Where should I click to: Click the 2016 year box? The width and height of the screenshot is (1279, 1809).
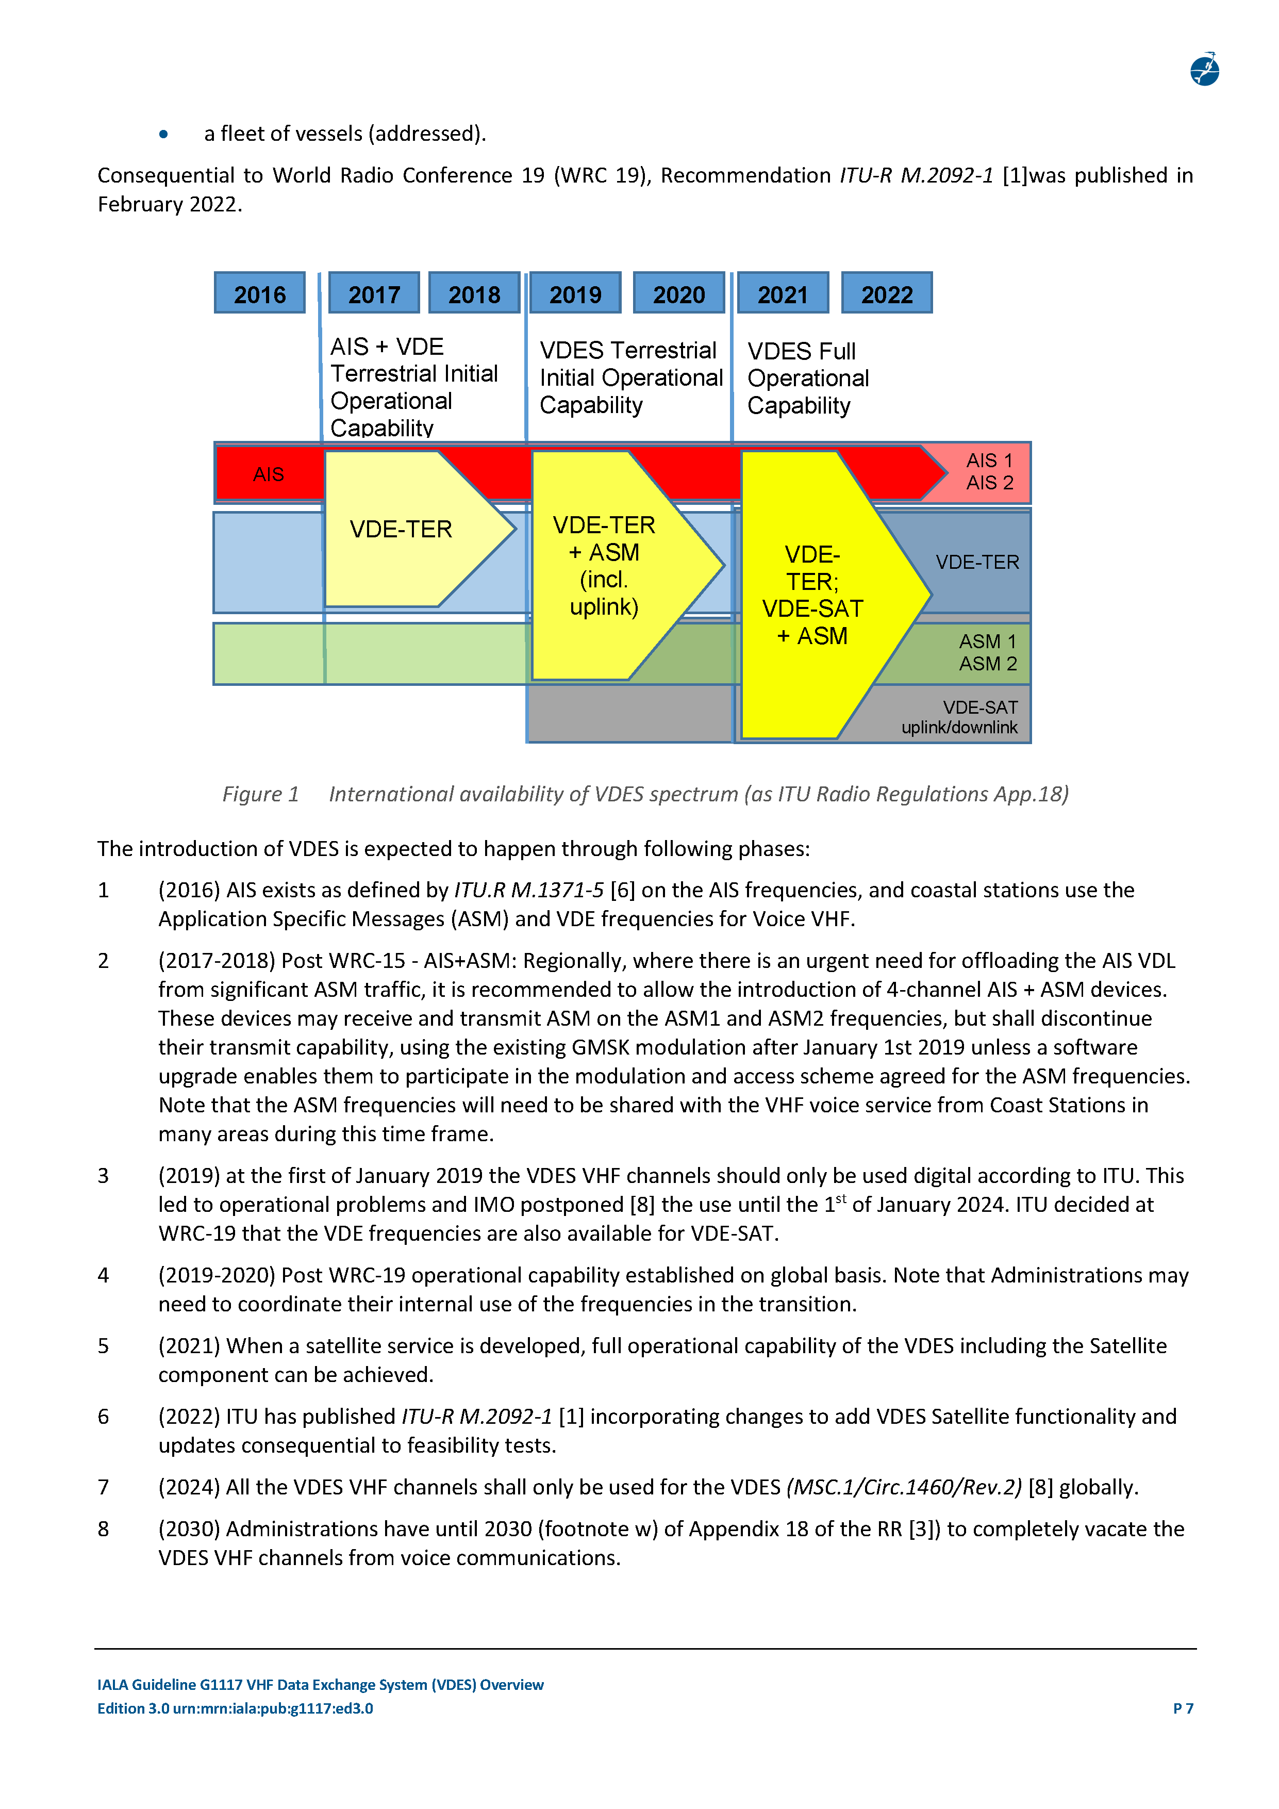tap(259, 293)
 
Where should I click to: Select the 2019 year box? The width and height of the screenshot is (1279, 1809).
tap(575, 293)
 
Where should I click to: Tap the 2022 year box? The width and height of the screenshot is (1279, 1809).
tap(886, 293)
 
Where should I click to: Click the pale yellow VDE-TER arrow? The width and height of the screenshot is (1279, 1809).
tap(402, 530)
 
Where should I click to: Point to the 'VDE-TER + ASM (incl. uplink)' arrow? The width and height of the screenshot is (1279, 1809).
tap(605, 566)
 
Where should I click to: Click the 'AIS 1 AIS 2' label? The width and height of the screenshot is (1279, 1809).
tap(989, 471)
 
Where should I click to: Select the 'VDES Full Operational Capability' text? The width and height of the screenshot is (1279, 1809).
tap(807, 378)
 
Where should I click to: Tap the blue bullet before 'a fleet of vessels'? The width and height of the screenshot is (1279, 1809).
tap(163, 134)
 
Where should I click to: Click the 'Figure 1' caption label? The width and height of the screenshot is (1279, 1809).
tap(260, 794)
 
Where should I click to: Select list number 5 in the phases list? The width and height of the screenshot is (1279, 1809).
tap(103, 1346)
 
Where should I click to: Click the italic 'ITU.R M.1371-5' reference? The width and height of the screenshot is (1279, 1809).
tap(528, 890)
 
